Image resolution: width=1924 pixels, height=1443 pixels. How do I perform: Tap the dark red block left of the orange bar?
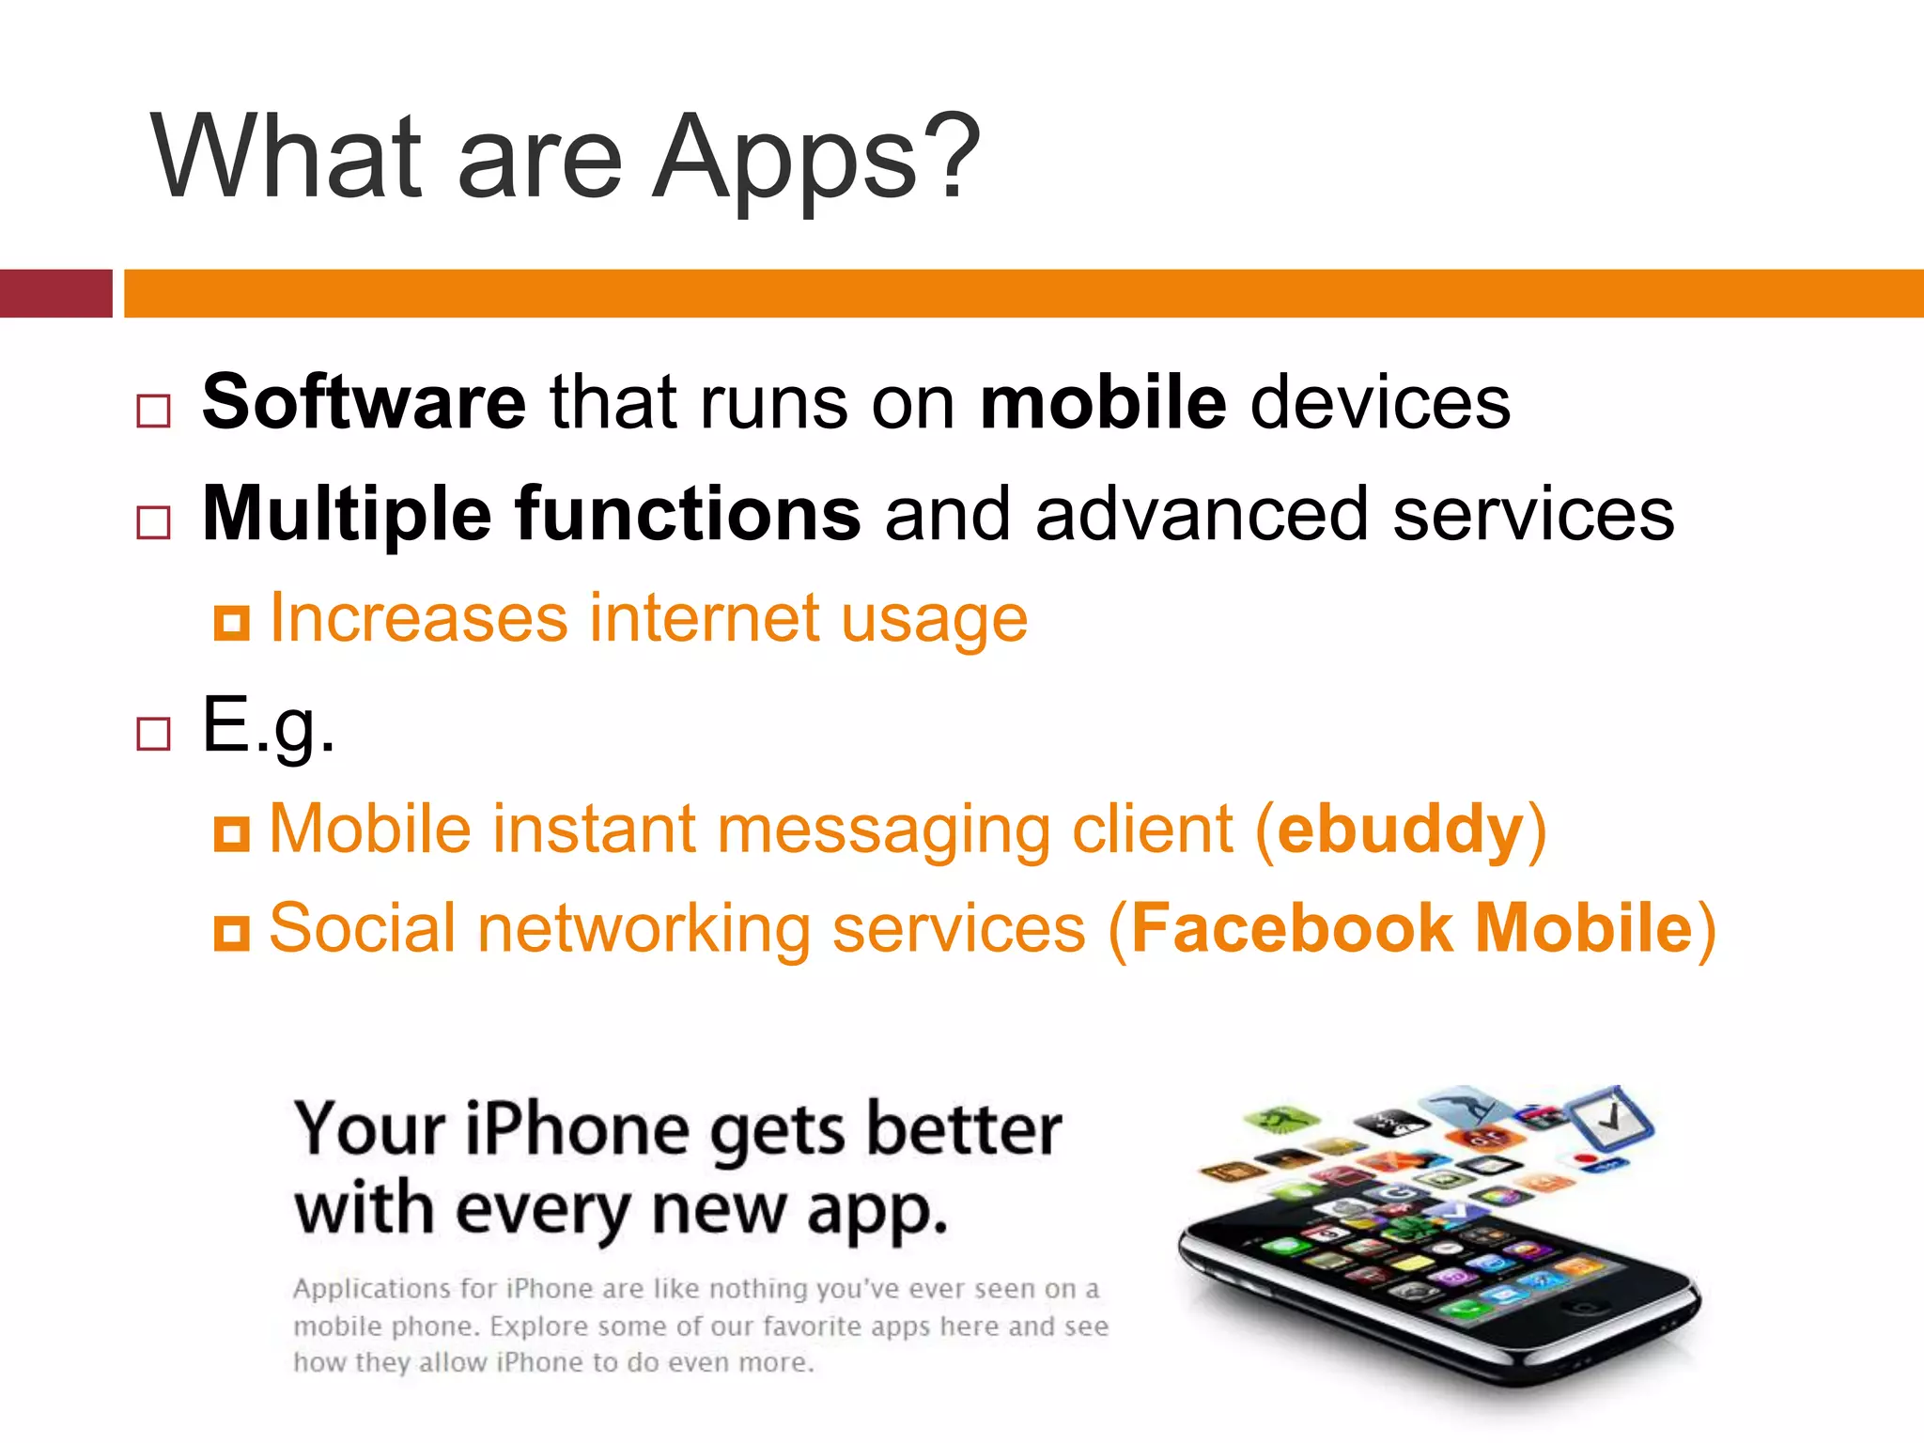tap(55, 293)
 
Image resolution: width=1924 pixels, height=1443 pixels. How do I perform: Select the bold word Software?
tap(364, 402)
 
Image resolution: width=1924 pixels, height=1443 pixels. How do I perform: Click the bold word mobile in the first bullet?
tap(1103, 402)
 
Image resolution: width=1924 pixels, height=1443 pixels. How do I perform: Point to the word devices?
tap(1380, 402)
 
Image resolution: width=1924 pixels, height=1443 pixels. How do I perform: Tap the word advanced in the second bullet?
tap(1202, 514)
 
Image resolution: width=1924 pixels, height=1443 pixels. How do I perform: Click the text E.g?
tap(269, 725)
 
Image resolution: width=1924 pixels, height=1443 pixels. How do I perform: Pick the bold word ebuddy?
tap(1400, 830)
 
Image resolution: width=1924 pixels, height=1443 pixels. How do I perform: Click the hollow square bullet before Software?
tap(153, 411)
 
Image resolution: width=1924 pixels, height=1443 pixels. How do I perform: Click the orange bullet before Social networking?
tap(231, 933)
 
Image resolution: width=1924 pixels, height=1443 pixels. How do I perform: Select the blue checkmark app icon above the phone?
tap(1611, 1116)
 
